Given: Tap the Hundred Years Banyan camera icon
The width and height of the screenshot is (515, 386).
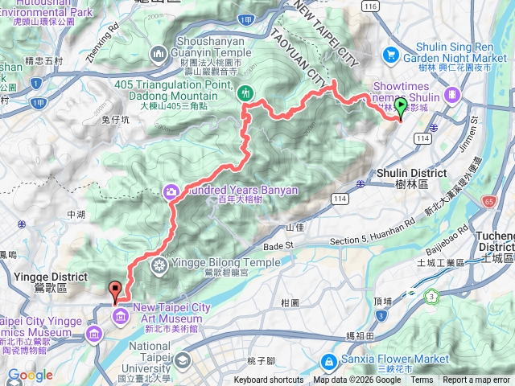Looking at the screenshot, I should pyautogui.click(x=171, y=191).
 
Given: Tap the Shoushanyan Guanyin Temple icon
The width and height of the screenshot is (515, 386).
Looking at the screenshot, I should pyautogui.click(x=156, y=53).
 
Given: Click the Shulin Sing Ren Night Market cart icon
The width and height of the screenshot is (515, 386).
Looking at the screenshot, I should pyautogui.click(x=392, y=54).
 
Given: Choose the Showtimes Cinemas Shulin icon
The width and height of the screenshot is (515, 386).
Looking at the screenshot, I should pyautogui.click(x=452, y=94).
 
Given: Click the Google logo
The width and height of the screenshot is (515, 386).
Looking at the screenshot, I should pyautogui.click(x=30, y=375).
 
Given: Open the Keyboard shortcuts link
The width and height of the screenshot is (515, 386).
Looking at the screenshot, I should pyautogui.click(x=269, y=380).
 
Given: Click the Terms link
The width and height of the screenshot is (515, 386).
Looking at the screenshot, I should pyautogui.click(x=422, y=380).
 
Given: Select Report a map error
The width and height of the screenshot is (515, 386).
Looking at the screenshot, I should pyautogui.click(x=477, y=380).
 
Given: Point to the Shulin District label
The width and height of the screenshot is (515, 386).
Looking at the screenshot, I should pyautogui.click(x=412, y=173).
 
